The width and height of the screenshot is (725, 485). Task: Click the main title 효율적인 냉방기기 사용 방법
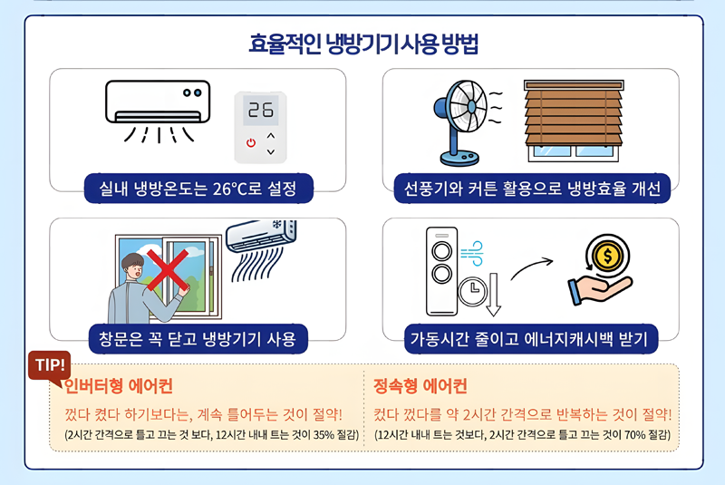coord(363,44)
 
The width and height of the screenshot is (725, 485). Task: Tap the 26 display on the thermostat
coord(261,111)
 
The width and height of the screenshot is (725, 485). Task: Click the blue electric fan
coord(461,118)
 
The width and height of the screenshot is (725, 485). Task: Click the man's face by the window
coord(134,269)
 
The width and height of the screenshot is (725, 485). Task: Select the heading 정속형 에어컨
coord(420,387)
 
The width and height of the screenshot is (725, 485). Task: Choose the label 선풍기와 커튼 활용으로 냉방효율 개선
coord(530,189)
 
